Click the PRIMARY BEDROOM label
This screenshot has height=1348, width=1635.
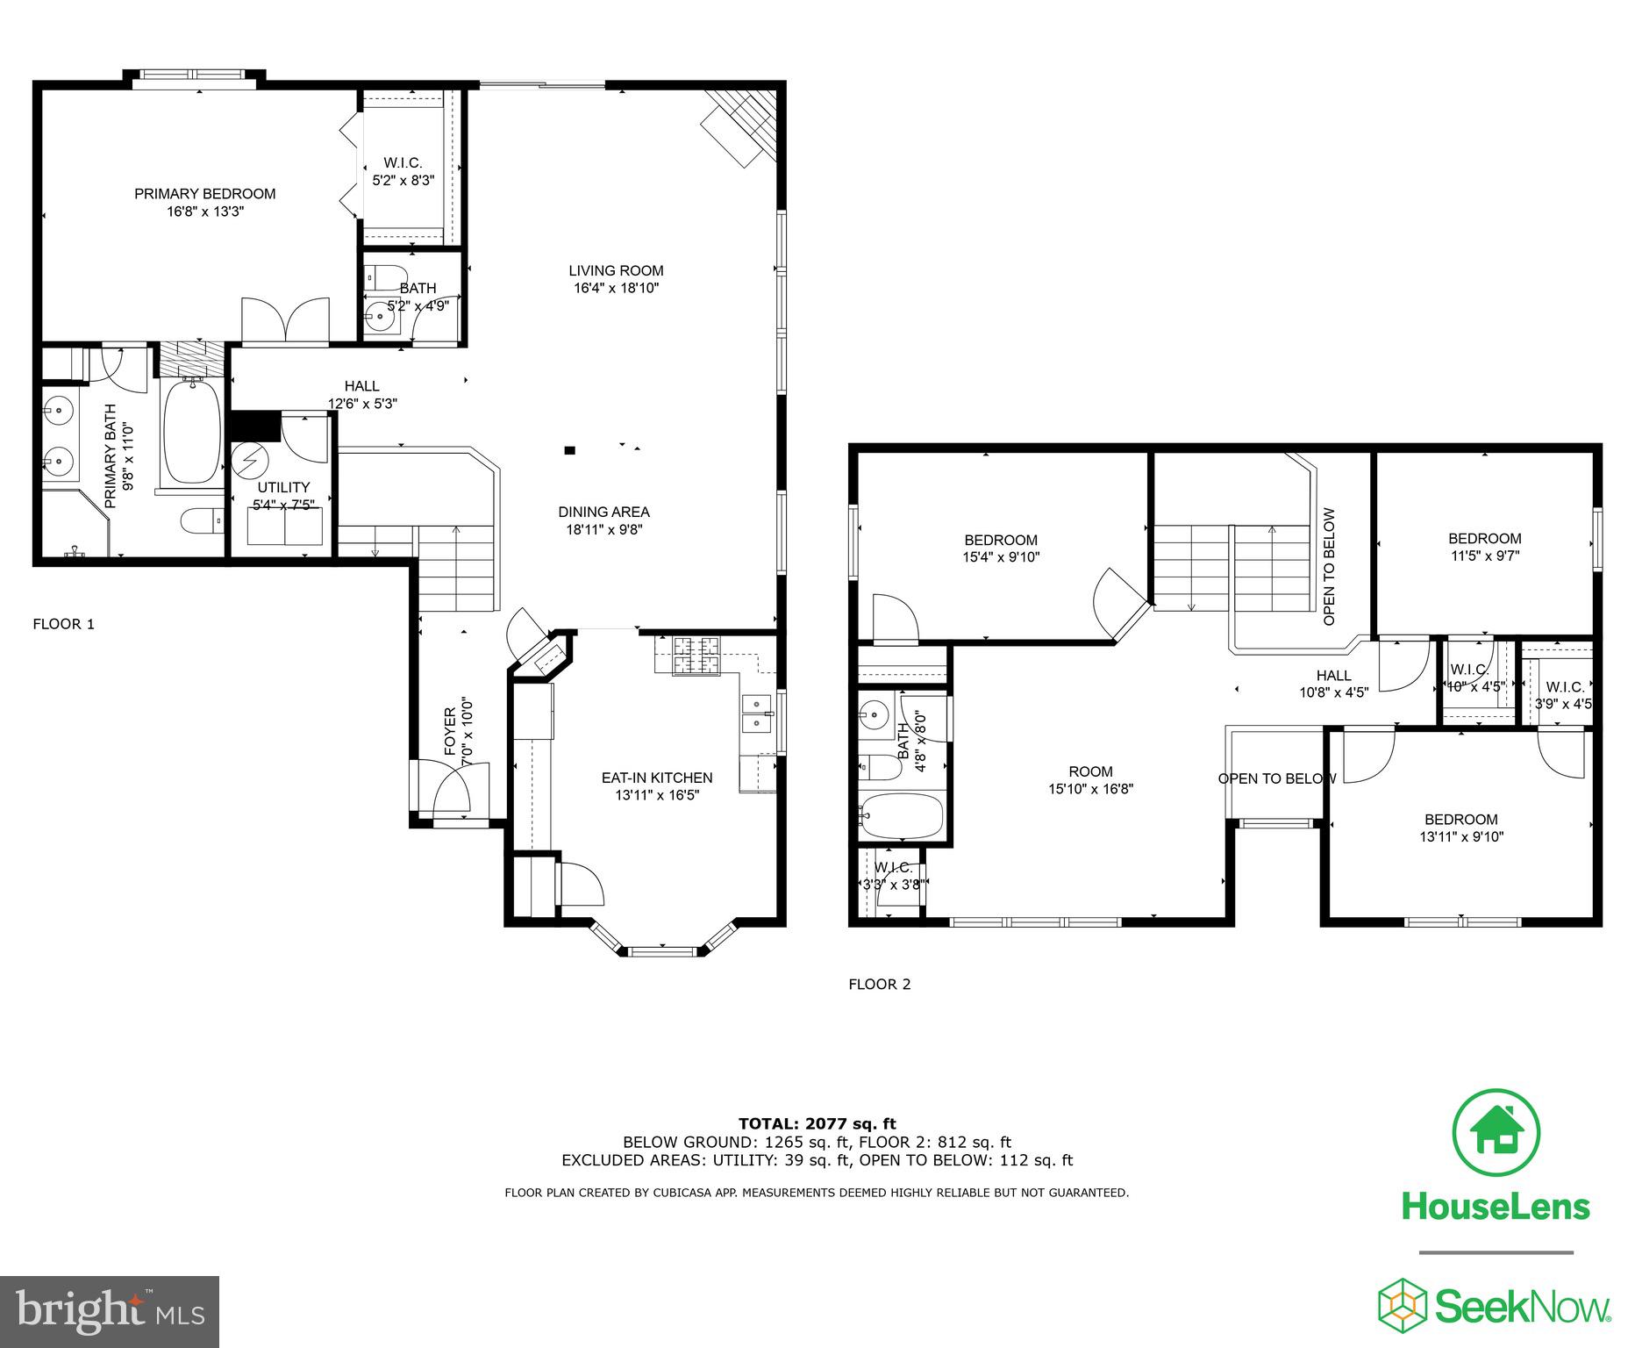pos(204,194)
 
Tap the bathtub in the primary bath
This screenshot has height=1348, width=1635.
pos(193,433)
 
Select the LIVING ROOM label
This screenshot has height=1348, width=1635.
pos(616,271)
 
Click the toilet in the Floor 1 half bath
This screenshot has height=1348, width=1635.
pos(387,276)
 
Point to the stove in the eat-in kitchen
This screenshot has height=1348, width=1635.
pos(696,656)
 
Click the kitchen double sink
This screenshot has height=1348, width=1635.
pos(756,713)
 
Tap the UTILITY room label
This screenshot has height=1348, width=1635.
pos(283,488)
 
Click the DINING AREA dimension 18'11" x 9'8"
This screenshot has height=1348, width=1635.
pos(604,529)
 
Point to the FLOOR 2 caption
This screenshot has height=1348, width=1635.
pos(879,984)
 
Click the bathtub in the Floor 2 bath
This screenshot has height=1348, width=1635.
pos(902,816)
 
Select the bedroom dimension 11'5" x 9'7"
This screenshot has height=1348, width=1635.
pos(1484,556)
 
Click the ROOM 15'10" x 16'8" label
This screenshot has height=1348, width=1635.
pos(1090,780)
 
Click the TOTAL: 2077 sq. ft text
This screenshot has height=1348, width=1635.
pos(817,1123)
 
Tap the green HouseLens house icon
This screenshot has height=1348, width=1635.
pos(1496,1132)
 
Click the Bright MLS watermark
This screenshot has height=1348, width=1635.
pos(110,1311)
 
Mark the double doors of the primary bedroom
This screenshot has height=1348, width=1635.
pos(285,319)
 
